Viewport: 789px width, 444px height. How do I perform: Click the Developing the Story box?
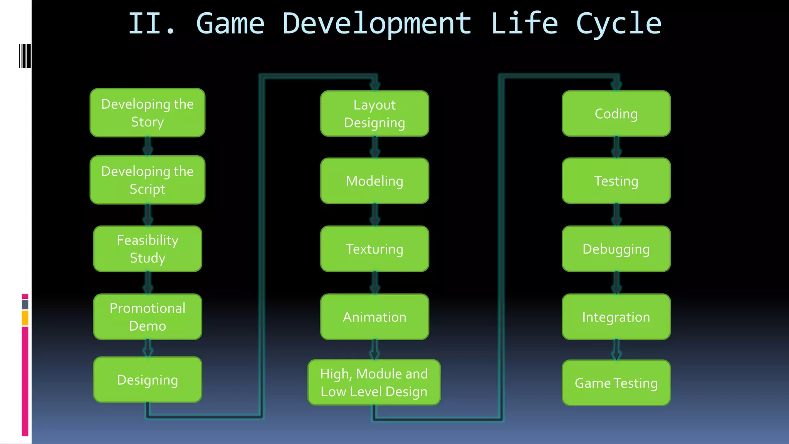coord(147,113)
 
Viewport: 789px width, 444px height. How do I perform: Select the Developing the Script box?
coord(147,180)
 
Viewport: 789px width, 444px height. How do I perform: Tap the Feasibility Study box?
coord(148,249)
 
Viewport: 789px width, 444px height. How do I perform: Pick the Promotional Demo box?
coord(148,317)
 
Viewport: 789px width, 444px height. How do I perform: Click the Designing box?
coord(148,380)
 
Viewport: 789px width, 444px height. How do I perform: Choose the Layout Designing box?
coord(374,113)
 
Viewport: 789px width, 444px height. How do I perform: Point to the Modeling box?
coord(374,181)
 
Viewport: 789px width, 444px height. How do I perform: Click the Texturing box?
coord(374,249)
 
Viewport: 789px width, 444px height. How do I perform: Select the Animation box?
coord(374,317)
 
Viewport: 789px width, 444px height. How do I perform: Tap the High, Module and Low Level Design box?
coord(374,382)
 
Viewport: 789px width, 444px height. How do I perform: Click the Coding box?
coord(616,113)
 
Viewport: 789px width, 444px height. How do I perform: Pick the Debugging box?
coord(616,249)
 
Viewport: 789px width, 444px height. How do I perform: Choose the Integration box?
coord(616,317)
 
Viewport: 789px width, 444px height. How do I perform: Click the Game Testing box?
coord(616,383)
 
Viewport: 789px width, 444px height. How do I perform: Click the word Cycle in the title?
coord(619,24)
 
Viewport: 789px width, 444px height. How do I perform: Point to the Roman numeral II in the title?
coord(144,24)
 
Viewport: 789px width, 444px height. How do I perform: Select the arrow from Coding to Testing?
coord(616,147)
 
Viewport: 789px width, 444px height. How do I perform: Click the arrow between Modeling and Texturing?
coord(375,215)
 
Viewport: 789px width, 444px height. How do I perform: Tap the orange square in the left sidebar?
coord(25,318)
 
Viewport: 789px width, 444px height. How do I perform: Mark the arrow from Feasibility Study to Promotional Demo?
coord(148,283)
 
